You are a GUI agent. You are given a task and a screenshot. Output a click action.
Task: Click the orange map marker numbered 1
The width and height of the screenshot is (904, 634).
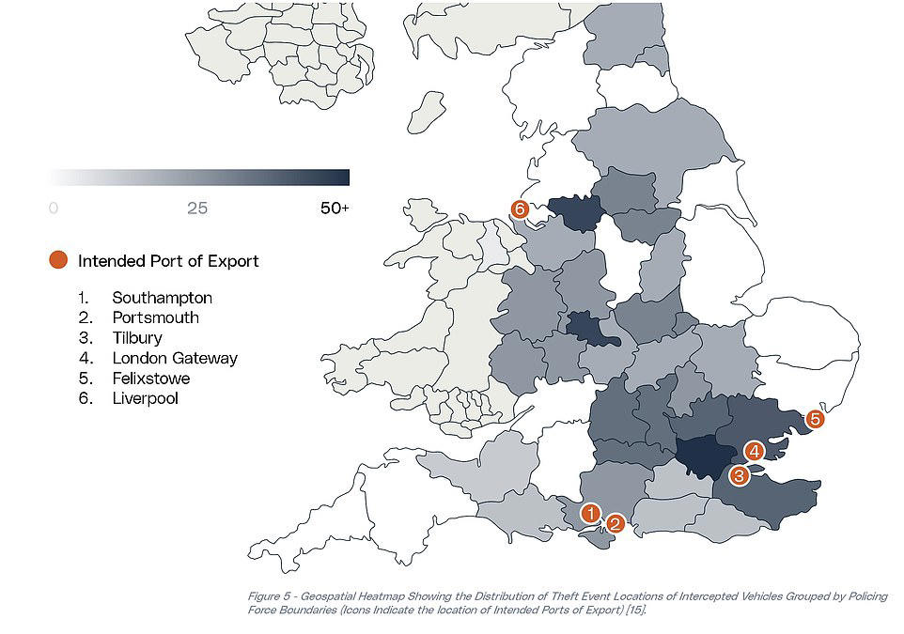click(x=590, y=513)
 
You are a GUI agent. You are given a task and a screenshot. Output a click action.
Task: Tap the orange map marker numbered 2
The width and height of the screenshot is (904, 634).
click(x=616, y=523)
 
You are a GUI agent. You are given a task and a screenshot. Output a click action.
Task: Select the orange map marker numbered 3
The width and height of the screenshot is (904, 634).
click(x=740, y=475)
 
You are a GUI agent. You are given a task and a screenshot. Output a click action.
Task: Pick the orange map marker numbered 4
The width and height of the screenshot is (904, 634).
click(x=754, y=451)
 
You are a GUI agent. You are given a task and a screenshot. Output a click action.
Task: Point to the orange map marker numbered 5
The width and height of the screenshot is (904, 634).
click(x=815, y=419)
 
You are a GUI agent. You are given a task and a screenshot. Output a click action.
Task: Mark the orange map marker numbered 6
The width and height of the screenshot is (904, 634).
click(x=520, y=209)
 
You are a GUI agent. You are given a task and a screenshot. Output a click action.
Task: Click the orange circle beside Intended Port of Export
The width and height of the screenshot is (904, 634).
click(x=58, y=260)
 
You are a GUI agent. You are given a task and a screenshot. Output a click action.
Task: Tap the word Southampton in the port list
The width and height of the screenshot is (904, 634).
click(x=162, y=298)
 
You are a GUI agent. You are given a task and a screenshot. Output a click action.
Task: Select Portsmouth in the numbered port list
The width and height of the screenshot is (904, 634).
click(x=156, y=317)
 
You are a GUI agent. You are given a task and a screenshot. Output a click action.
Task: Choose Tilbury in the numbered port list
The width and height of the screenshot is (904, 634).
click(x=137, y=338)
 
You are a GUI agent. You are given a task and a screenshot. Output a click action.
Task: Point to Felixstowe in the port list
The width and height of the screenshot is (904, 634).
click(x=151, y=379)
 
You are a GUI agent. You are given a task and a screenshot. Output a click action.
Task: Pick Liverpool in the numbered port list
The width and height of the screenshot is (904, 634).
click(x=146, y=398)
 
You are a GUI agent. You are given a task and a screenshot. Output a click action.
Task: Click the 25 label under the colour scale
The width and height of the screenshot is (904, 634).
click(x=197, y=209)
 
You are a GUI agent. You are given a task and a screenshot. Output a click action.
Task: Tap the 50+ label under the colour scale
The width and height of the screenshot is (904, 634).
click(x=335, y=209)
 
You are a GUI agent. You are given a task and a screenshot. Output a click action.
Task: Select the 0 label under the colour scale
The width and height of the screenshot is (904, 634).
click(x=54, y=209)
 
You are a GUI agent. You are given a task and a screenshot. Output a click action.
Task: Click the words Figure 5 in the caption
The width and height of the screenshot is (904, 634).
click(x=270, y=596)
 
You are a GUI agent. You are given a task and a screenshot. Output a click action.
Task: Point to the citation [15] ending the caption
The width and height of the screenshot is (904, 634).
click(x=636, y=610)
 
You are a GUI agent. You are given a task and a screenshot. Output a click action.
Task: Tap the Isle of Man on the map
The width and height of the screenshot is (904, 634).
click(x=426, y=112)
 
